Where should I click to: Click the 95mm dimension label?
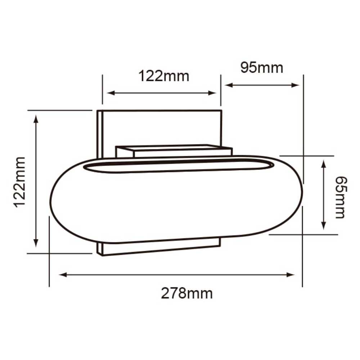point(262,68)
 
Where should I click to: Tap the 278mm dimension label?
point(186,293)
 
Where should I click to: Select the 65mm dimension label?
point(340,197)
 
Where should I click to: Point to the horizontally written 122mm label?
point(164,76)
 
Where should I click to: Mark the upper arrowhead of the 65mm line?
point(323,163)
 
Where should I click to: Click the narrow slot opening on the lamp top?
point(178,167)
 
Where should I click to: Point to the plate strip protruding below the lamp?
point(158,247)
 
